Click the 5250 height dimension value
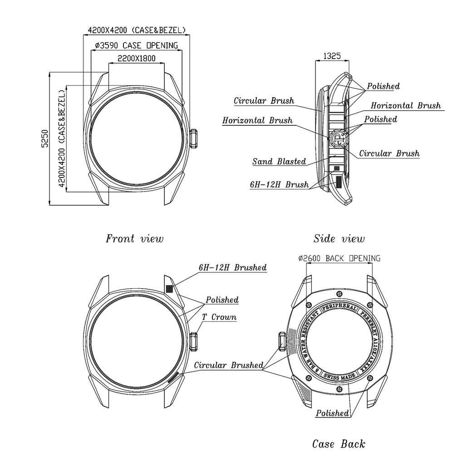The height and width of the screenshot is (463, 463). coord(45,138)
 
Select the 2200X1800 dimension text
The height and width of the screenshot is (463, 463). coord(137,59)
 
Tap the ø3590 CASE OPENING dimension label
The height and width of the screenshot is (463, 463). coord(137,45)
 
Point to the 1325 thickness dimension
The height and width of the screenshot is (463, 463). coord(332,56)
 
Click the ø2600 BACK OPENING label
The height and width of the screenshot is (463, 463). coord(339,258)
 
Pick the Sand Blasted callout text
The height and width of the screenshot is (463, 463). coord(279,162)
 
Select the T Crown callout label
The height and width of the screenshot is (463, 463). coord(219,317)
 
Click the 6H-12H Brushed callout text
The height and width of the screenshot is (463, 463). coord(233,267)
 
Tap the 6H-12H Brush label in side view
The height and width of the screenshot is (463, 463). coord(279,185)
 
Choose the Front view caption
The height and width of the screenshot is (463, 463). coord(134,239)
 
